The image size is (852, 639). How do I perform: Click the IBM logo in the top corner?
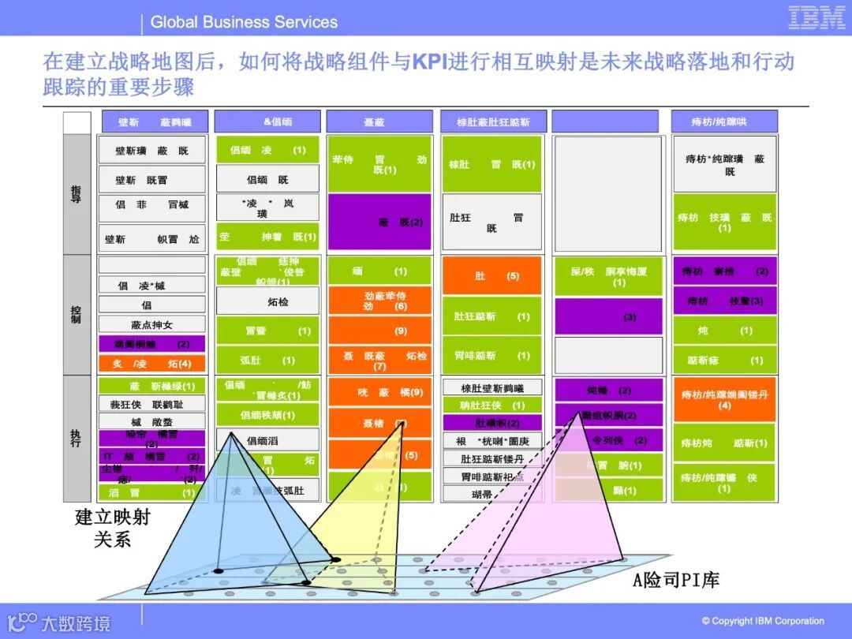click(816, 18)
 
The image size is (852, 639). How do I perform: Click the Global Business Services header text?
click(244, 22)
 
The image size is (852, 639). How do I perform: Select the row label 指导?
click(76, 193)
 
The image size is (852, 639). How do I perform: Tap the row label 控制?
click(76, 314)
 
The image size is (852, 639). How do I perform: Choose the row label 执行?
click(76, 438)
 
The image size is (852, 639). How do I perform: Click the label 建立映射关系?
click(112, 529)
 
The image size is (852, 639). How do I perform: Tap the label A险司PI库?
click(676, 581)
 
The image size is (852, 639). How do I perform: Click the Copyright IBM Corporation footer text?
click(763, 621)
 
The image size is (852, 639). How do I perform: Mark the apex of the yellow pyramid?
click(403, 424)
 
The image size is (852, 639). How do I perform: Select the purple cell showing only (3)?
click(607, 316)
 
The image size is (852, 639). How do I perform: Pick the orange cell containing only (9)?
click(379, 331)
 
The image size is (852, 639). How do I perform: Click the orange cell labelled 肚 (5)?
click(491, 276)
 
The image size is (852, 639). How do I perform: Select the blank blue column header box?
click(605, 121)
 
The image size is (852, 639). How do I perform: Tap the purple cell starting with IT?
click(151, 457)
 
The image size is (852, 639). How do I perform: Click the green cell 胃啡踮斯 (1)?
click(491, 356)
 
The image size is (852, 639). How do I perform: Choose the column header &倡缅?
click(267, 121)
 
